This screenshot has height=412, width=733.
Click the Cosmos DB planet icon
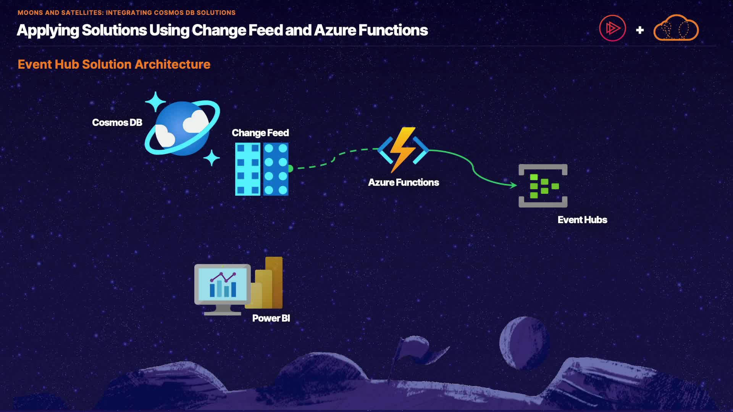(182, 128)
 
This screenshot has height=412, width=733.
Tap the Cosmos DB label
(117, 122)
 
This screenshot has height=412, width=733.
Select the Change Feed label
(260, 133)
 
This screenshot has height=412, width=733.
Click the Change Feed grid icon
(262, 169)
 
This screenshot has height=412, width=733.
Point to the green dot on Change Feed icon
(291, 169)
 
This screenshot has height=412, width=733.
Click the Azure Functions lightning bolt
(403, 150)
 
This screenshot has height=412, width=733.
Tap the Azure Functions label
(404, 182)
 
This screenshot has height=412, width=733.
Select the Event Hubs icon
(543, 186)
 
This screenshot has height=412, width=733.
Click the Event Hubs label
(582, 220)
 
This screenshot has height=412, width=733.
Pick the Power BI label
(271, 318)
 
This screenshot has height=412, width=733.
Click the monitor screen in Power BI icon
(223, 284)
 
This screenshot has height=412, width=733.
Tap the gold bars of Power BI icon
(270, 284)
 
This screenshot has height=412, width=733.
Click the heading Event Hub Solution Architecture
(114, 64)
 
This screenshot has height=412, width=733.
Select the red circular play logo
(612, 28)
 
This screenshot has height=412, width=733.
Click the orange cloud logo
(676, 28)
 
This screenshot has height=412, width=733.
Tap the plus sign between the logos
(640, 30)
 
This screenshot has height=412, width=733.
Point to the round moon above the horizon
(524, 343)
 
